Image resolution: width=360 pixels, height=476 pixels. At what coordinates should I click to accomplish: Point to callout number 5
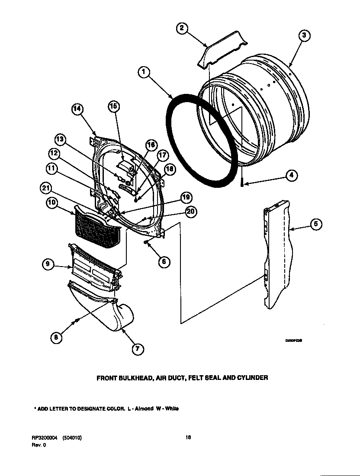pyautogui.click(x=317, y=224)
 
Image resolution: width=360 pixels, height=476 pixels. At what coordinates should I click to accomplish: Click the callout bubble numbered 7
pyautogui.click(x=137, y=349)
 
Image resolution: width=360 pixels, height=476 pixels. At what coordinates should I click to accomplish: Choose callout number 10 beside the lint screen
pyautogui.click(x=52, y=203)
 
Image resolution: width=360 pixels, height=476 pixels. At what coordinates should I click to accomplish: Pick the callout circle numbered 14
pyautogui.click(x=77, y=110)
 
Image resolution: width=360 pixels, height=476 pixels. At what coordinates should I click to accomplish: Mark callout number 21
pyautogui.click(x=46, y=187)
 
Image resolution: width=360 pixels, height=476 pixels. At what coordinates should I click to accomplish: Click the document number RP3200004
pyautogui.click(x=45, y=438)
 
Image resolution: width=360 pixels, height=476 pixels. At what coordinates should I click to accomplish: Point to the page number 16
pyautogui.click(x=188, y=437)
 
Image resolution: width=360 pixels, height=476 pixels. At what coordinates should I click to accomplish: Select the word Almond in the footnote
pyautogui.click(x=145, y=408)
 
